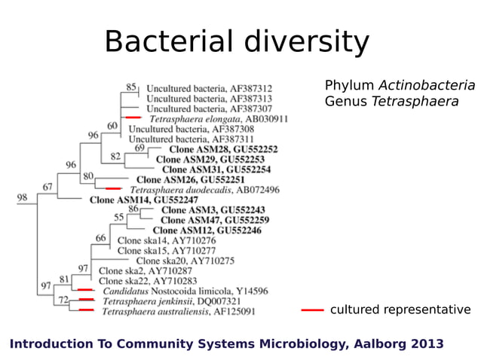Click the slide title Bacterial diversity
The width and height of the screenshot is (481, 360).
click(x=236, y=42)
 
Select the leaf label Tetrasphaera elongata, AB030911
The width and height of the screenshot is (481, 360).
click(x=218, y=119)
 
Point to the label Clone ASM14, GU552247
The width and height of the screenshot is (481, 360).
click(x=144, y=200)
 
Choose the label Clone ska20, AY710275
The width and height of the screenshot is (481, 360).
click(x=185, y=261)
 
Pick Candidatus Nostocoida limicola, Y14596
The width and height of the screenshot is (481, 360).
click(x=185, y=291)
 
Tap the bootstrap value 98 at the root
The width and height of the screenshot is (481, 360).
click(x=23, y=197)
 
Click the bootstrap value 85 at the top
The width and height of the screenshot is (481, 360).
click(x=131, y=87)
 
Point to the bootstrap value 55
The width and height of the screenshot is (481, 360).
click(x=119, y=217)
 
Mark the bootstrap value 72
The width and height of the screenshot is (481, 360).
click(x=63, y=300)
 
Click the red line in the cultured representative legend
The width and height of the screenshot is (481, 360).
click(x=312, y=310)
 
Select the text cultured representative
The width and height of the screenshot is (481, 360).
click(x=400, y=310)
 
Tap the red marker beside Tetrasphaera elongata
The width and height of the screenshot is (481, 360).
click(x=133, y=118)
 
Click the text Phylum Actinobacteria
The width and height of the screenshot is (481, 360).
click(x=400, y=85)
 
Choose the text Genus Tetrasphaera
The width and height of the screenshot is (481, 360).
click(x=391, y=101)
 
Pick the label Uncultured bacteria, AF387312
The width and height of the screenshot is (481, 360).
click(x=209, y=88)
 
